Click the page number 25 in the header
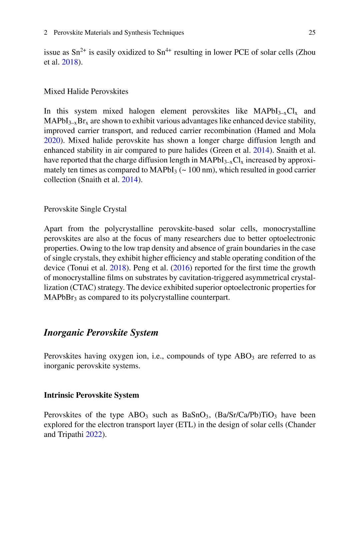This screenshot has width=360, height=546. (312, 33)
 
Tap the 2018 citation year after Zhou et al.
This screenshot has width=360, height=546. (70, 62)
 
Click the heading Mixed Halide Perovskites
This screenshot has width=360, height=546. (86, 91)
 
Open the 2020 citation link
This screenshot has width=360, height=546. (52, 140)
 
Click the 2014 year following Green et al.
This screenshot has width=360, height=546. (261, 150)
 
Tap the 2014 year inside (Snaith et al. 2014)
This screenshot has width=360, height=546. (130, 180)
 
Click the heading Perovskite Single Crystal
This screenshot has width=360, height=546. (85, 209)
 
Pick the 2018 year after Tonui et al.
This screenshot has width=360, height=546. (118, 268)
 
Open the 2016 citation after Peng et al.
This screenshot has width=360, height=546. (181, 268)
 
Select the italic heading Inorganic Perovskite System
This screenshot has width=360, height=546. (101, 333)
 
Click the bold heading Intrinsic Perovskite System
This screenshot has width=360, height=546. (91, 395)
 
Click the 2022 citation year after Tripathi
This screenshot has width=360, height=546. (94, 435)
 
